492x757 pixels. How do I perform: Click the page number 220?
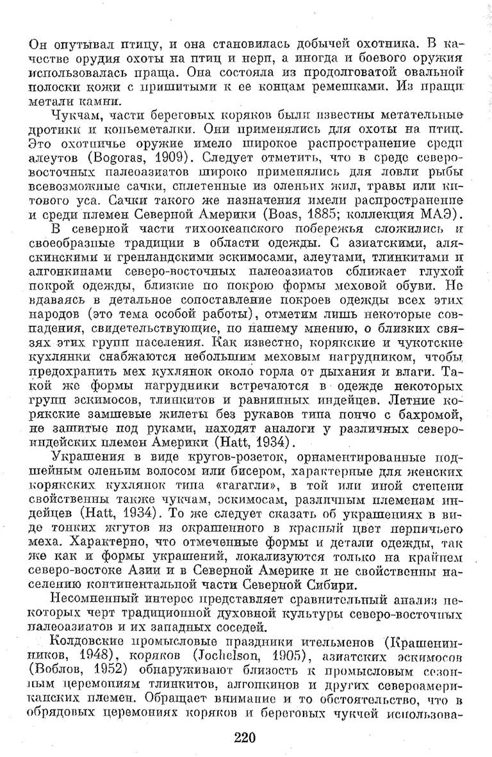pyautogui.click(x=245, y=737)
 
